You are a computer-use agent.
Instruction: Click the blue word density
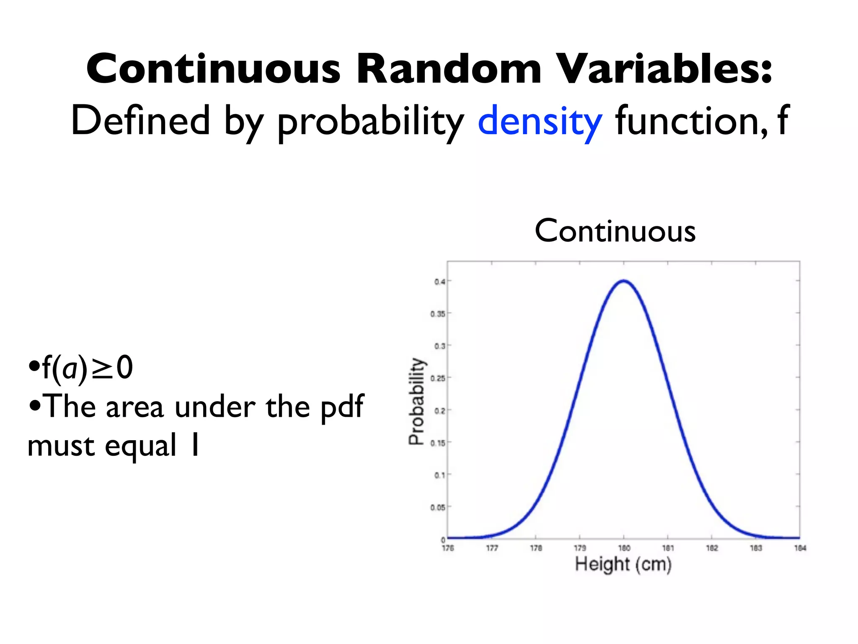540,122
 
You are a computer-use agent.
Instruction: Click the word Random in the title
449,69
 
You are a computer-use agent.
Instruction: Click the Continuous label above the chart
615,231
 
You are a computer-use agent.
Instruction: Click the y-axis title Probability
416,401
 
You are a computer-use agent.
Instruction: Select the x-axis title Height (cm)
623,564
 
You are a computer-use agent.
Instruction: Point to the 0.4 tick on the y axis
439,282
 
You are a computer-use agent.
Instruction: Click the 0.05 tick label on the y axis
438,508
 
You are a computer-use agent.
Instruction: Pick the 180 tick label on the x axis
624,548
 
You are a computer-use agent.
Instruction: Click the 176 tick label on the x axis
448,548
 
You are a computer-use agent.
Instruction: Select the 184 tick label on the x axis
800,548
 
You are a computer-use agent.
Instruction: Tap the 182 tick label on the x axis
712,548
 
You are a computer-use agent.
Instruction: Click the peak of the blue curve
624,281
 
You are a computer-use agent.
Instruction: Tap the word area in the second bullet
134,408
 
